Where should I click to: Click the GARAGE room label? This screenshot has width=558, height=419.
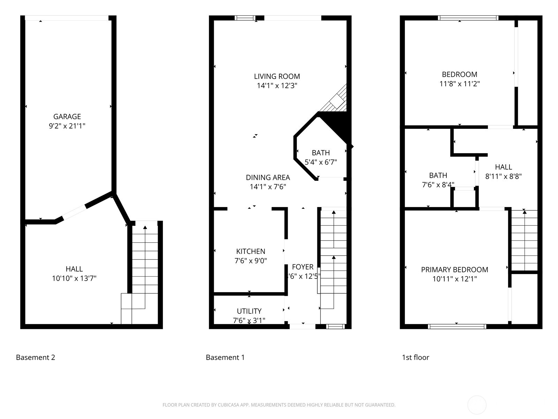67,117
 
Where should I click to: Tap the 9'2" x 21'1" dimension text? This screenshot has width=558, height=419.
67,126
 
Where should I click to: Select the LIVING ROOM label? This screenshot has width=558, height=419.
277,76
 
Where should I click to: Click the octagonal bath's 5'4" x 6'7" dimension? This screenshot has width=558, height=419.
321,162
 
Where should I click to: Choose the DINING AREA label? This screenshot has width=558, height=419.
268,177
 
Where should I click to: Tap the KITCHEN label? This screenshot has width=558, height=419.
250,251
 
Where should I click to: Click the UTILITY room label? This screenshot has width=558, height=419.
249,311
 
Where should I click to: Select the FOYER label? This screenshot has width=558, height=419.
302,267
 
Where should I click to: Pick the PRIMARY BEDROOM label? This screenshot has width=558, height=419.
454,270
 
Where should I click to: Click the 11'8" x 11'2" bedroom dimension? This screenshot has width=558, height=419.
459,84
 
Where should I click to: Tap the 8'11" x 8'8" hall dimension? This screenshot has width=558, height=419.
503,176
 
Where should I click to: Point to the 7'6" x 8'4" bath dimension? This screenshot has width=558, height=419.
438,185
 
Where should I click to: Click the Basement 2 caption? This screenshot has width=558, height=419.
36,358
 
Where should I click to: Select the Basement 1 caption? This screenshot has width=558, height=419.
225,358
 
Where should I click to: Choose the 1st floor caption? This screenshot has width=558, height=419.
415,358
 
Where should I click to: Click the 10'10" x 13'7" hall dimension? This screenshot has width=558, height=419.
74,278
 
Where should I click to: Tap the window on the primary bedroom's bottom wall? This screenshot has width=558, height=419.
457,326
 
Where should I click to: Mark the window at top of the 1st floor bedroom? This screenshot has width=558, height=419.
468,18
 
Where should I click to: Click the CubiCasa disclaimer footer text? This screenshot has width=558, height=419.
279,405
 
